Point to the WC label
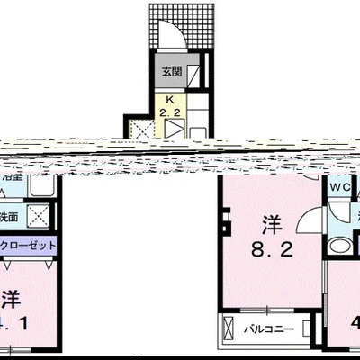coord(338,187)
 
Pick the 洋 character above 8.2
coord(270,220)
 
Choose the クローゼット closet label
coord(30,246)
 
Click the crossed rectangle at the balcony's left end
coord(230,328)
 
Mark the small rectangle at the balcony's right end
coord(310,328)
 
